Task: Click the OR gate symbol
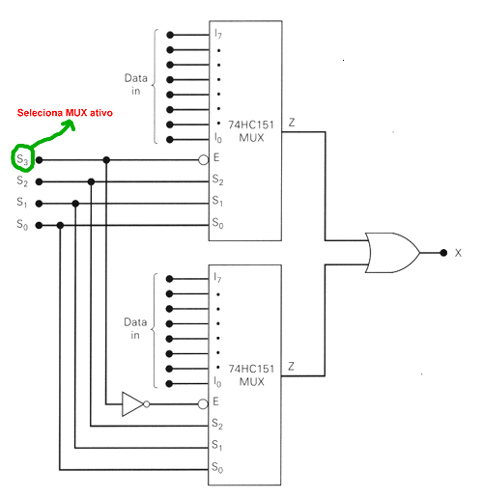pyautogui.click(x=393, y=253)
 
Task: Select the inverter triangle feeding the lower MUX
pyautogui.click(x=132, y=404)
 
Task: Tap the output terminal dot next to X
pyautogui.click(x=443, y=253)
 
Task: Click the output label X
pyautogui.click(x=458, y=253)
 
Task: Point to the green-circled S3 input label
pyautogui.click(x=22, y=159)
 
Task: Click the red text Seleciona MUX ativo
pyautogui.click(x=65, y=113)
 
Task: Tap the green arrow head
pyautogui.click(x=70, y=124)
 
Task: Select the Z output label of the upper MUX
pyautogui.click(x=292, y=123)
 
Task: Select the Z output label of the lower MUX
pyautogui.click(x=291, y=366)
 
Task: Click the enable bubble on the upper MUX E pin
pyautogui.click(x=204, y=160)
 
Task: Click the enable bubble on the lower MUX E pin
pyautogui.click(x=203, y=404)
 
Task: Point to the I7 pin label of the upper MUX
pyautogui.click(x=218, y=34)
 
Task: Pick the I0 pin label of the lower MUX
pyautogui.click(x=217, y=382)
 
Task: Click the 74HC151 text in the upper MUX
pyautogui.click(x=251, y=124)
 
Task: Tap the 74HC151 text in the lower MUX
pyautogui.click(x=251, y=369)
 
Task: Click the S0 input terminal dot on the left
pyautogui.click(x=39, y=225)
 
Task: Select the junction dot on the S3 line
pyautogui.click(x=106, y=160)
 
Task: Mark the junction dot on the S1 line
pyautogui.click(x=75, y=204)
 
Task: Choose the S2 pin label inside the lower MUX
pyautogui.click(x=217, y=425)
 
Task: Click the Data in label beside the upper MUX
pyautogui.click(x=136, y=84)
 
